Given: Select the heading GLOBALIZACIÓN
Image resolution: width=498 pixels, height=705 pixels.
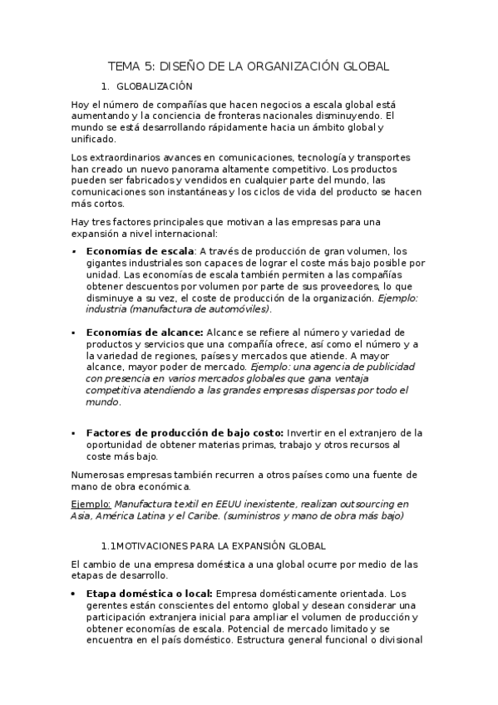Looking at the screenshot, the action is tap(155, 86).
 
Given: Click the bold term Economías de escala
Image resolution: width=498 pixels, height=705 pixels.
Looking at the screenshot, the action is tap(140, 251).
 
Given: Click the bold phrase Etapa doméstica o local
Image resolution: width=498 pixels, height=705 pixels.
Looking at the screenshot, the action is tap(149, 594).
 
